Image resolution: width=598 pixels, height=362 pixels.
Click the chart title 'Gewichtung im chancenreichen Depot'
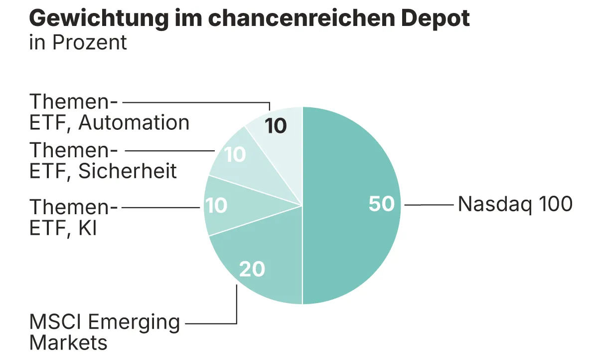[249, 19]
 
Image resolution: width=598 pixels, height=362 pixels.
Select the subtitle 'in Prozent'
[78, 42]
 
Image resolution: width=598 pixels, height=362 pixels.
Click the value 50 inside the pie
[382, 204]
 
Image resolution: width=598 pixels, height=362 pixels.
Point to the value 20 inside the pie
[252, 270]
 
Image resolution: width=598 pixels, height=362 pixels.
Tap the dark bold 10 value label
[276, 126]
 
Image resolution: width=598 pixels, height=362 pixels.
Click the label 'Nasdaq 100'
[515, 204]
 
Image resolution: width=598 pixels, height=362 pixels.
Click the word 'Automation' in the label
[134, 123]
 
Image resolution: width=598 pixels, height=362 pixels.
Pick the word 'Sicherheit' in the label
[128, 171]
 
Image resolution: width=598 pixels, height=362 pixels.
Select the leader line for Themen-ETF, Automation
[194, 102]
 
